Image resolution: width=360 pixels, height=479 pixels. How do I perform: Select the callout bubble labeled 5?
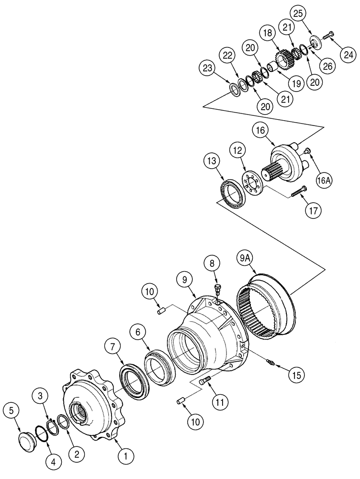click(12, 411)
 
